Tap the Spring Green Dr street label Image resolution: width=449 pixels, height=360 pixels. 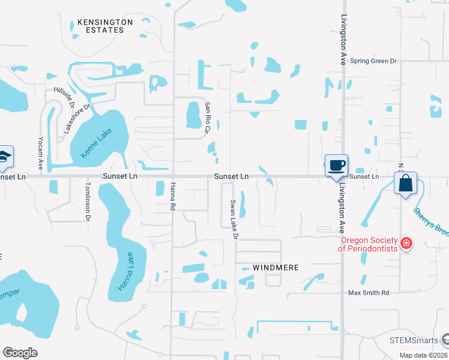coord(374,61)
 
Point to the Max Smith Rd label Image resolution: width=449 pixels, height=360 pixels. coord(369,293)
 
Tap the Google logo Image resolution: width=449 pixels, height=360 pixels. coord(20,353)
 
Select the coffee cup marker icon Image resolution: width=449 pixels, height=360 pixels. coord(336,165)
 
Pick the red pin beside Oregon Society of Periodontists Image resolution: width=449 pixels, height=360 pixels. coord(406,243)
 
